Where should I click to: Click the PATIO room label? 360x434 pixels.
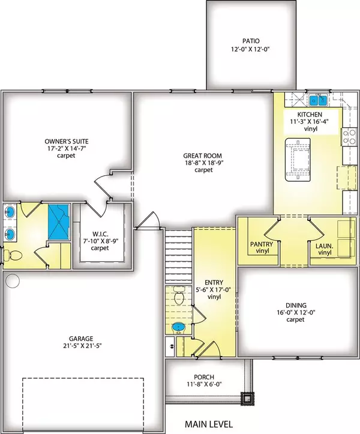[251, 41]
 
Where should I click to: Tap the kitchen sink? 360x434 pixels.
[318, 100]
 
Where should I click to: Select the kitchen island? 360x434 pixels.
[298, 160]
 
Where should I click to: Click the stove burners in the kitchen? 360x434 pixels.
[349, 137]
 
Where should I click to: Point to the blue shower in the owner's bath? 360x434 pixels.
[59, 222]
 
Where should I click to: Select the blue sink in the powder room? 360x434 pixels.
[178, 328]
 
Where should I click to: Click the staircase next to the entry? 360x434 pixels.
[178, 256]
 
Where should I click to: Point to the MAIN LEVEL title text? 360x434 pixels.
[209, 424]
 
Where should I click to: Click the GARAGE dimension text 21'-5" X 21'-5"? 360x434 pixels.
[82, 346]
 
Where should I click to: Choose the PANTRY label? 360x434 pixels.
[262, 244]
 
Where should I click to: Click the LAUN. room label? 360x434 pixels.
[325, 246]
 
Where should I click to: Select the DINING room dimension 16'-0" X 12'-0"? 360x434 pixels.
[296, 313]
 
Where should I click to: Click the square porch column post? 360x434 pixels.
[247, 399]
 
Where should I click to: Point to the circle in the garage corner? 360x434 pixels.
[13, 281]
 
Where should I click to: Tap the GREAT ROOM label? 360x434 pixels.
[203, 155]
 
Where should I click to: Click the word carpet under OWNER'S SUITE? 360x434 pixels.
[66, 155]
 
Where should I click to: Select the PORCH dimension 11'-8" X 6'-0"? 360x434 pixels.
[204, 384]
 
